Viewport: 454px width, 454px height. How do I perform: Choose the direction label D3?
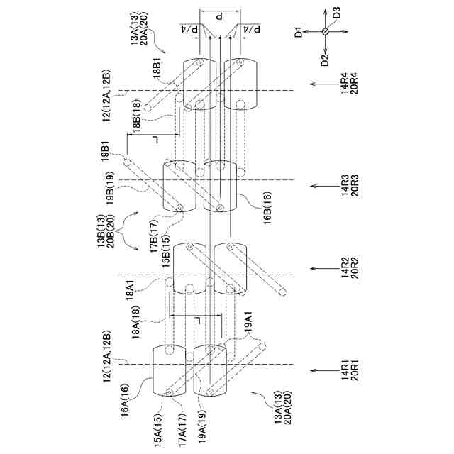point(338,13)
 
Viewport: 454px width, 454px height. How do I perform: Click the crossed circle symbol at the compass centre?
point(326,32)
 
